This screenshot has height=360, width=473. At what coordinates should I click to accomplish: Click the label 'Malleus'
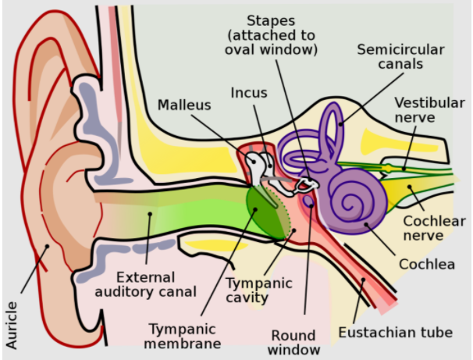point(184,105)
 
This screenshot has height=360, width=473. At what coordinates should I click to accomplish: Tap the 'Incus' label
point(249,93)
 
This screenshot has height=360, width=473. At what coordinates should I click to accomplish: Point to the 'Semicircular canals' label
point(400,57)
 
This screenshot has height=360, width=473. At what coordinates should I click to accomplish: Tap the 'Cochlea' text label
point(427,264)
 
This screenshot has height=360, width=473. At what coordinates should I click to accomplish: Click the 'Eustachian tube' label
point(395,333)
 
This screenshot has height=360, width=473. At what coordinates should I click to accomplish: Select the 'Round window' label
point(294,342)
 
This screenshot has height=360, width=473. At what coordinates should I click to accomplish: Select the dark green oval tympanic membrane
point(263,211)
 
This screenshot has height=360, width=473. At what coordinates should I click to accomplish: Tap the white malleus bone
point(254,165)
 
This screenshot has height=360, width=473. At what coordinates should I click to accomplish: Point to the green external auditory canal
point(180,212)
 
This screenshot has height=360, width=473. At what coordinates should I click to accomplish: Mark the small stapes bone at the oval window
point(305,185)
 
